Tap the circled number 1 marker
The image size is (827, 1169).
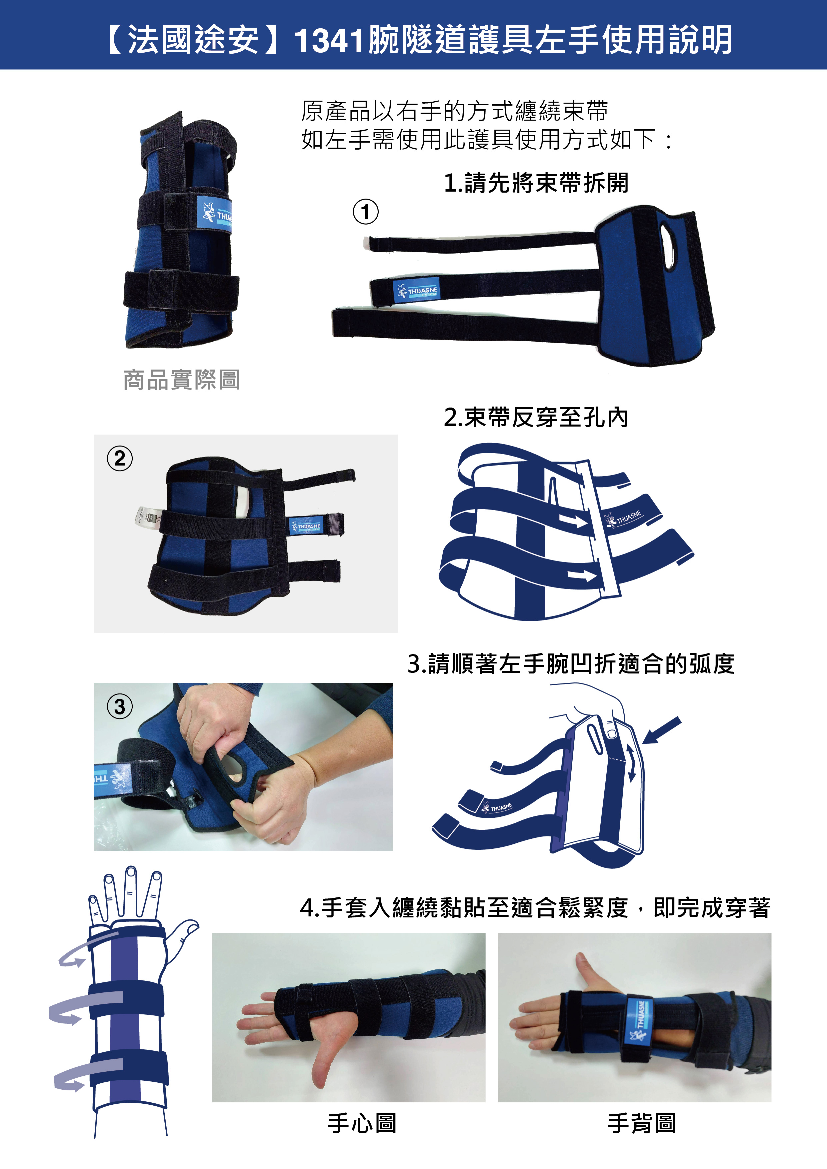(366, 212)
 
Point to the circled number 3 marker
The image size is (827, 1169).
(120, 707)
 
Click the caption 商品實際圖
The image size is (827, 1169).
(181, 380)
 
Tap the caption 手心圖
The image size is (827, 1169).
(362, 1123)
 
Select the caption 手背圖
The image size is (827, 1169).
(642, 1123)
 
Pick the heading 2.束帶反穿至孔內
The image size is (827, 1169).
(536, 418)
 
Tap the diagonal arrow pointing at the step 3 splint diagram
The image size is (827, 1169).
(662, 729)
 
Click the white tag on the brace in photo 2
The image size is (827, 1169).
(148, 517)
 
